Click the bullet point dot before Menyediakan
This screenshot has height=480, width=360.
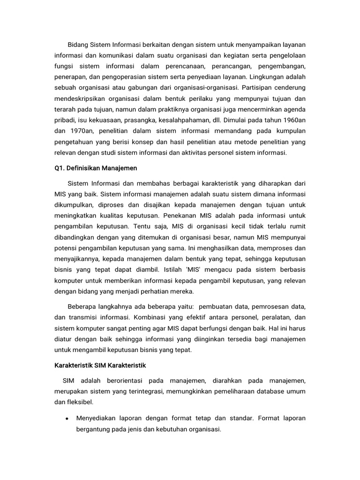click(68, 419)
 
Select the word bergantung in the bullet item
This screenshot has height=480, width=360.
click(94, 429)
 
